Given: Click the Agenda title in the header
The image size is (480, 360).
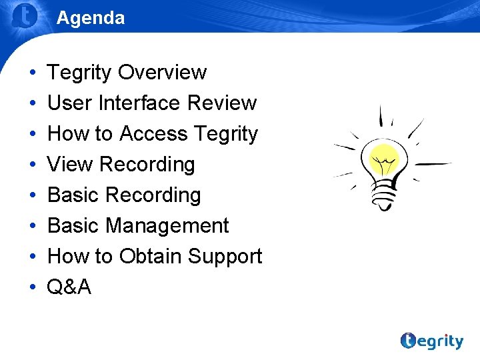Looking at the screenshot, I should [90, 18].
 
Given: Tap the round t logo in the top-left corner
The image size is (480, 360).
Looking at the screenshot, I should [25, 16].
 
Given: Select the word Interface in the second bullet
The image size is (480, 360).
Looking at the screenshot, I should [139, 103].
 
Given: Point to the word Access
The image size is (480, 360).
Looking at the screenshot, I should [154, 133].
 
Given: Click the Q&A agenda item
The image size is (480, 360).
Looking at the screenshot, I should [69, 287].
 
